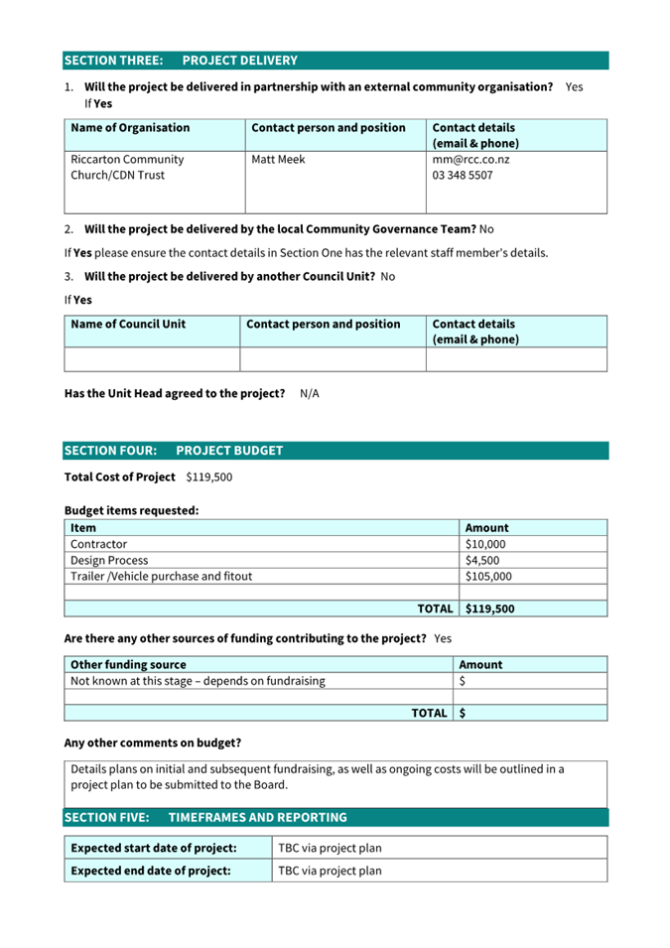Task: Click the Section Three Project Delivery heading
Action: click(x=181, y=61)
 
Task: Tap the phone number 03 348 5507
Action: click(x=463, y=176)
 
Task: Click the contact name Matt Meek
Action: click(x=279, y=159)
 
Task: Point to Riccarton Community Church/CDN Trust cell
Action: click(x=127, y=167)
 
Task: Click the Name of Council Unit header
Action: click(x=128, y=324)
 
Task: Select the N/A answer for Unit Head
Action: click(x=310, y=393)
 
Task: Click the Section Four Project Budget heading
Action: click(x=174, y=451)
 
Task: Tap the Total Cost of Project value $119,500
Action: click(x=209, y=477)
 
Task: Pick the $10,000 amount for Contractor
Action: click(x=485, y=544)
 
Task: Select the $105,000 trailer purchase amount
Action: click(x=488, y=576)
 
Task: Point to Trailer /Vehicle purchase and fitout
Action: click(x=161, y=576)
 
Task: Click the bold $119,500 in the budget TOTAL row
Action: click(x=490, y=609)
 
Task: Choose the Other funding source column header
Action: click(x=128, y=664)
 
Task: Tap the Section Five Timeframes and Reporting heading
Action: click(x=205, y=818)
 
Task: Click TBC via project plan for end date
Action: click(x=330, y=871)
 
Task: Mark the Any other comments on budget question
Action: click(x=152, y=743)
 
